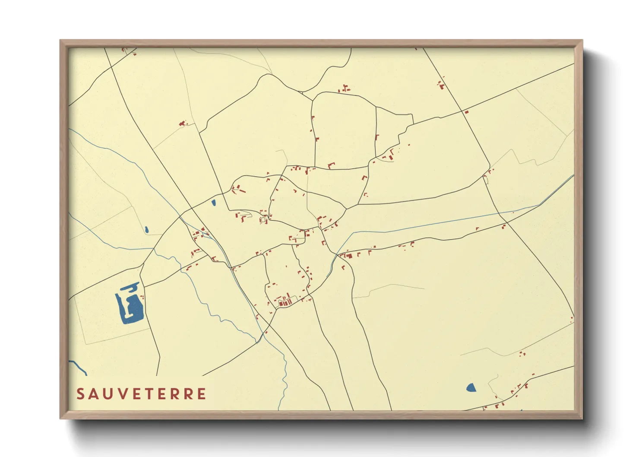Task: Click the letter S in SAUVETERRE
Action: (81, 394)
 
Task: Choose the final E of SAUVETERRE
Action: (202, 394)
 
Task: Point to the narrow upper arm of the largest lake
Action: (130, 287)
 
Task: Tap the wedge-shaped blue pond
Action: (471, 387)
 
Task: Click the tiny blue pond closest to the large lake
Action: (147, 230)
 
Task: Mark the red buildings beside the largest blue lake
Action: (142, 297)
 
